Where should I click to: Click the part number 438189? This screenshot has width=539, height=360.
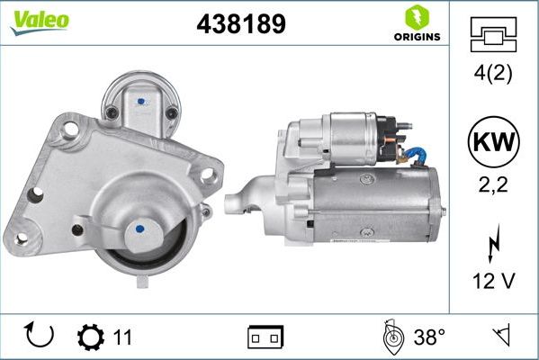coord(240,24)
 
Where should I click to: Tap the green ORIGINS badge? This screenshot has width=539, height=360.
coord(416,24)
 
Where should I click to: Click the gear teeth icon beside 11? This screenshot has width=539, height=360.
coord(91,337)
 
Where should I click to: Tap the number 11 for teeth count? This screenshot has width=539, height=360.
coord(122,337)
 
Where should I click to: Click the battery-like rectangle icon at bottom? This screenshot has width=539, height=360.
coord(265,337)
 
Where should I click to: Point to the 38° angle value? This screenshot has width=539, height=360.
coord(430,337)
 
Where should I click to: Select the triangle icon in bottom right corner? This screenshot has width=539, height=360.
coord(500,337)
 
